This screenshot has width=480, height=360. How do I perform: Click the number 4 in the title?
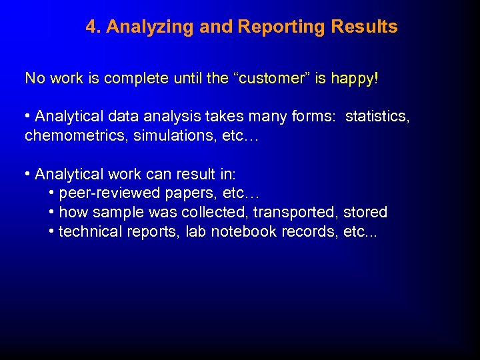click(x=91, y=27)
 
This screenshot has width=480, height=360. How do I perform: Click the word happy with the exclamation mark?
click(x=358, y=79)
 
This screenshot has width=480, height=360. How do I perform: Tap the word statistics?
click(x=377, y=117)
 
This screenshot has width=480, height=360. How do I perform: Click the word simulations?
click(x=161, y=136)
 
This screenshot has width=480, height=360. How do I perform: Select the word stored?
click(x=365, y=213)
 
